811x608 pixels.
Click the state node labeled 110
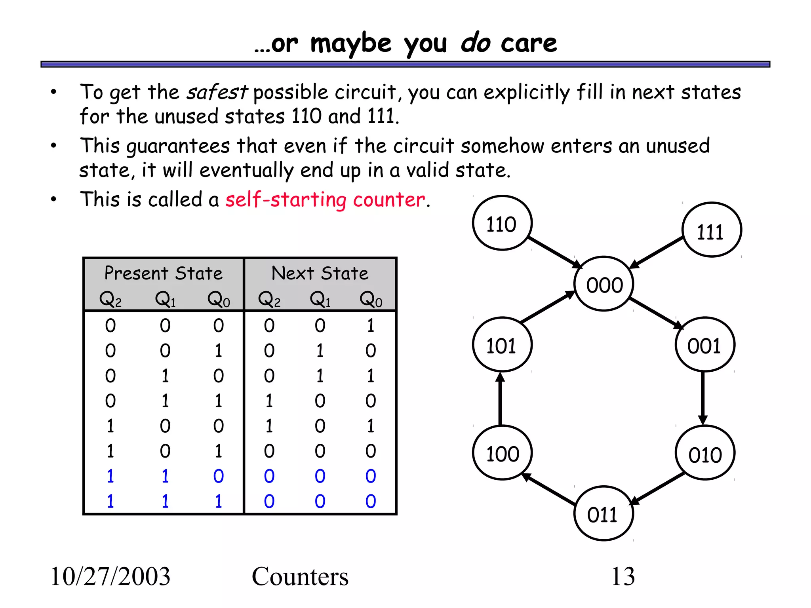click(502, 223)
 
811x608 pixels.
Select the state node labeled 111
click(712, 230)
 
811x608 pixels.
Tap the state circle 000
click(604, 284)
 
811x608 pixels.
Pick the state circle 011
click(603, 514)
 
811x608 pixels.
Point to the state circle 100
click(502, 453)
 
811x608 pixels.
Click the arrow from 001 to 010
click(703, 398)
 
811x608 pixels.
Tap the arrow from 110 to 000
click(554, 252)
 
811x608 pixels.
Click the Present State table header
click(164, 274)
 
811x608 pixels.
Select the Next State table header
click(320, 274)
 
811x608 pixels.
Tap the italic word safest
click(217, 93)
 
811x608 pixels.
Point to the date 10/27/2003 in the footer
click(110, 576)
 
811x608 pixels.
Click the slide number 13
click(623, 576)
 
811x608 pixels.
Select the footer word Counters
click(300, 576)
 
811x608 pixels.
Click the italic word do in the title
click(475, 43)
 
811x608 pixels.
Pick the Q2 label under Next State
click(269, 299)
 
